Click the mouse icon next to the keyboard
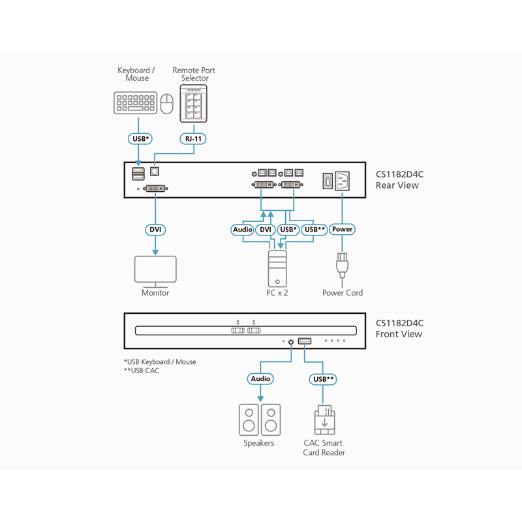[x=167, y=103]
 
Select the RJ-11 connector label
[x=194, y=138]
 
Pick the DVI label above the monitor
[x=155, y=230]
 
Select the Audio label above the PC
[x=243, y=230]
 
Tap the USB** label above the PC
[x=315, y=230]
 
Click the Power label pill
[x=343, y=230]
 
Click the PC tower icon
[x=277, y=268]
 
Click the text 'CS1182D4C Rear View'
[x=399, y=180]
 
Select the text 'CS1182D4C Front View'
[x=399, y=328]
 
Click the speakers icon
[x=260, y=419]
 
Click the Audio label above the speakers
[x=260, y=378]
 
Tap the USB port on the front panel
[x=305, y=341]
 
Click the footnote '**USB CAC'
[x=141, y=371]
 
